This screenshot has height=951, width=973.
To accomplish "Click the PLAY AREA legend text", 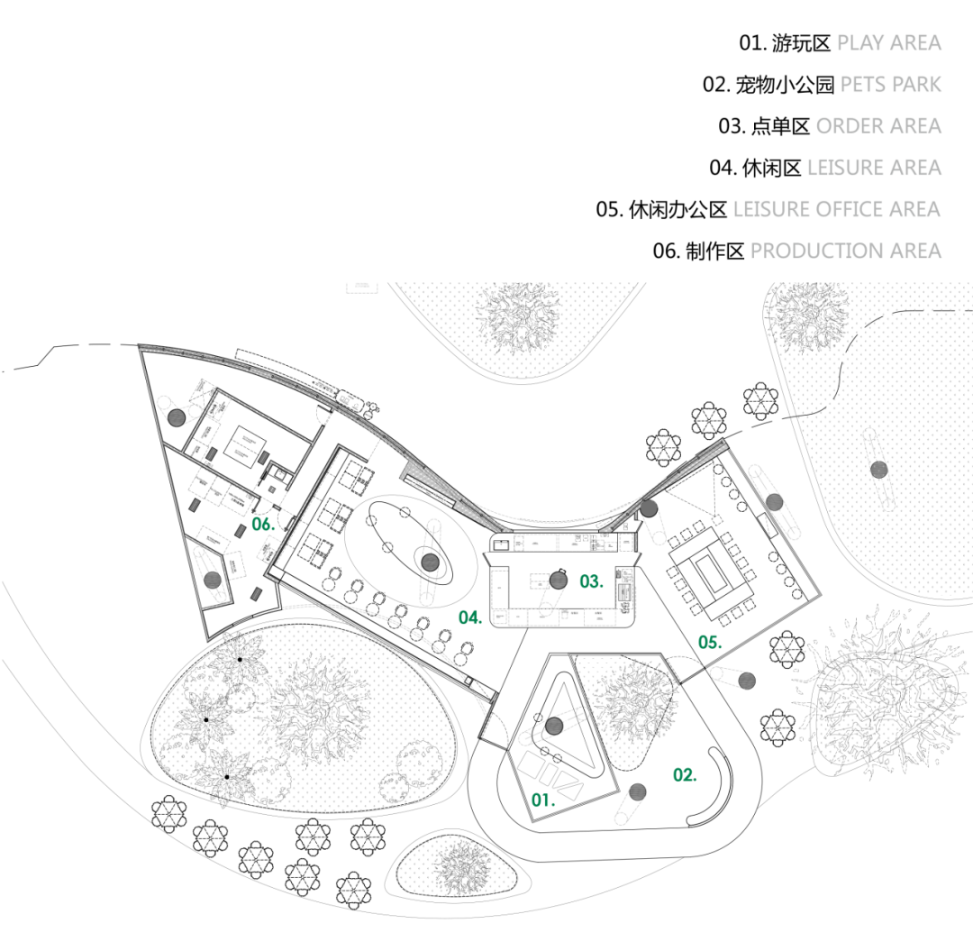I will tap(888, 42).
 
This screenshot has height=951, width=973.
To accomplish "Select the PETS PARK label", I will tap(890, 85).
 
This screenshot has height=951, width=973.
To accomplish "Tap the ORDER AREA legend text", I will tap(878, 126).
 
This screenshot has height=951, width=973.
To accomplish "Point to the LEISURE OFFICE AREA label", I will tap(837, 209).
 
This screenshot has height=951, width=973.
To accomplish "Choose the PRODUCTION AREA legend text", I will tap(845, 251).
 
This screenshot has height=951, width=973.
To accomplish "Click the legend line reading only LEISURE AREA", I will tap(874, 168).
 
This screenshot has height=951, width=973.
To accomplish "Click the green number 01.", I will tap(542, 800).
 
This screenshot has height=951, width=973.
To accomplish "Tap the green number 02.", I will tap(685, 775).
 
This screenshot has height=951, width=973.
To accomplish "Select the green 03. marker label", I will tap(591, 582).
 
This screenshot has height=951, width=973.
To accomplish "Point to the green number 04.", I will tap(469, 617).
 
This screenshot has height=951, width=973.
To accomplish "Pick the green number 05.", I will tap(710, 643).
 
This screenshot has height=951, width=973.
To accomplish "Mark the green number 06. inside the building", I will tap(263, 525).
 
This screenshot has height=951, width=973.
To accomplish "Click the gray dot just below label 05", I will tap(746, 681).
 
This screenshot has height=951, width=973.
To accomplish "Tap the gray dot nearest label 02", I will tap(637, 792).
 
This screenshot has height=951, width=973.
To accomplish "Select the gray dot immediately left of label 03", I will tap(558, 581).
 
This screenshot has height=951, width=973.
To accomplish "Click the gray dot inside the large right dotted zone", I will tap(878, 470).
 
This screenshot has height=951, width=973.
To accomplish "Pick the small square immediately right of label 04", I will tap(499, 617).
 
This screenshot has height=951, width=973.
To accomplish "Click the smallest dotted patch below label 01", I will tap(457, 866).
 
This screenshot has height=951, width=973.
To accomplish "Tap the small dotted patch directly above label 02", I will tap(625, 708).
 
